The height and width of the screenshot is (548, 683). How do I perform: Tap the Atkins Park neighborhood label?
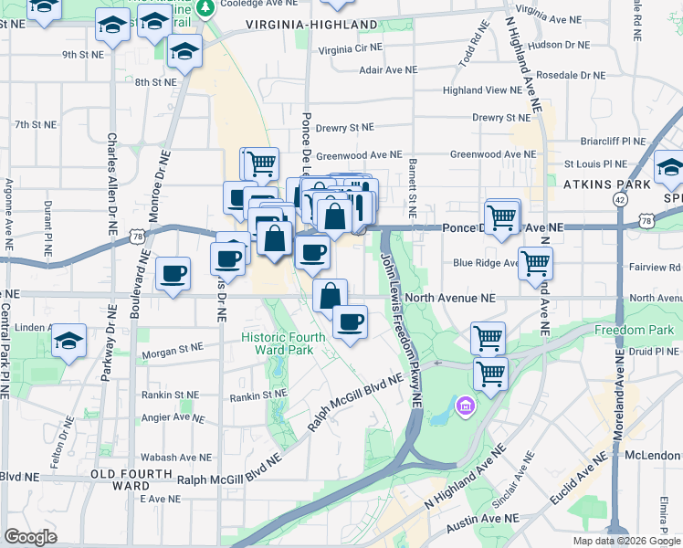click(607, 184)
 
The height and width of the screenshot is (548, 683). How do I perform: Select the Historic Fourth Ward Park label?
click(283, 342)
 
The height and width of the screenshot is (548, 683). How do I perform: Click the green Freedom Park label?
click(634, 330)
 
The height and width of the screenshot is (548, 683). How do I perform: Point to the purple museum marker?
click(465, 404)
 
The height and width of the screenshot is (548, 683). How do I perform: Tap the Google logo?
click(30, 536)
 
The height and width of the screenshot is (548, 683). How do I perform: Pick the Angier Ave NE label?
click(173, 417)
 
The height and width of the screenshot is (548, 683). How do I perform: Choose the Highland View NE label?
click(481, 90)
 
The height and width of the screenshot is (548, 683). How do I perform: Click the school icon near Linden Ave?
click(69, 341)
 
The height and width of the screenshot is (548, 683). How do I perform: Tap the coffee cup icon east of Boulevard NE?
click(173, 272)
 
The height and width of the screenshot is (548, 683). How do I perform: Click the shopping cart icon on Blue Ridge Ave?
click(536, 263)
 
